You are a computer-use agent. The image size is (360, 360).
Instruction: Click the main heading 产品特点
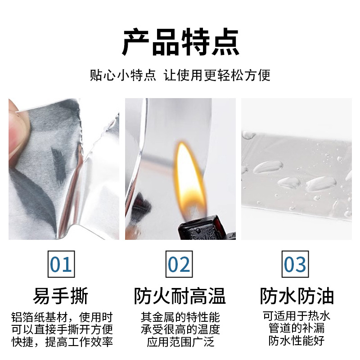click(180, 42)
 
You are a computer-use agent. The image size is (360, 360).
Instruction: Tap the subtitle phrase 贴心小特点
click(123, 75)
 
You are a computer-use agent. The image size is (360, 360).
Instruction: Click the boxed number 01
click(61, 264)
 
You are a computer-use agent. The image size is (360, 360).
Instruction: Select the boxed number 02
click(179, 264)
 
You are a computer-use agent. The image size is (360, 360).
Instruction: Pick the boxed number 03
click(295, 264)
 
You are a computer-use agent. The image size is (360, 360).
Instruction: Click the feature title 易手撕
click(61, 297)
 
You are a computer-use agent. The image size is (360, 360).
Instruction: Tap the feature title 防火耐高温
click(180, 297)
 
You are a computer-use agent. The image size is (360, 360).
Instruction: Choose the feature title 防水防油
click(297, 297)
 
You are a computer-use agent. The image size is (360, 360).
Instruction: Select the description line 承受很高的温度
click(180, 329)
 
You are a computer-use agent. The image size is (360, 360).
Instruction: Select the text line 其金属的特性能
click(180, 317)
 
